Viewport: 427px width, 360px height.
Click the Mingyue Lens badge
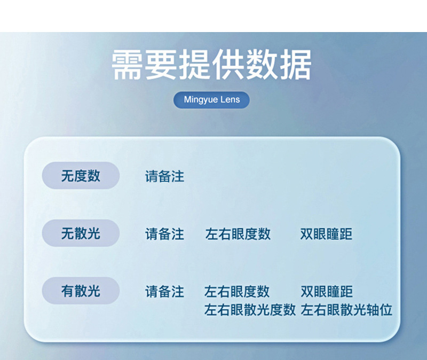point(211,100)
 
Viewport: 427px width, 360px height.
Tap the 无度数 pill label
point(81,176)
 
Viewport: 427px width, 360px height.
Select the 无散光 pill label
point(81,233)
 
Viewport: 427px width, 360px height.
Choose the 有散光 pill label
point(81,291)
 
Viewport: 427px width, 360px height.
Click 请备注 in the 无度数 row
point(164,176)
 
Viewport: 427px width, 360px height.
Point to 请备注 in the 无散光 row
point(164,234)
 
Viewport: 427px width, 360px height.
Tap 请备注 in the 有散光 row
point(164,291)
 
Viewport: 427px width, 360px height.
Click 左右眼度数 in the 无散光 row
point(238,234)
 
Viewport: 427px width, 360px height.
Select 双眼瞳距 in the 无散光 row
point(326,234)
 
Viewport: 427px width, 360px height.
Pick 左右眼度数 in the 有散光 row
point(237,291)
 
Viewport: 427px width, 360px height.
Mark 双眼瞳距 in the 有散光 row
point(327,291)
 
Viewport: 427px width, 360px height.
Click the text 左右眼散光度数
point(250,310)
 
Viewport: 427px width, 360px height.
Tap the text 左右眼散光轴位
point(346,310)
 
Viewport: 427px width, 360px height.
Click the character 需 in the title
point(128,65)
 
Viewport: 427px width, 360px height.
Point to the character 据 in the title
point(296,65)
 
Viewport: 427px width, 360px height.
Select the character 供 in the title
point(228,65)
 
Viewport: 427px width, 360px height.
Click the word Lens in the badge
point(230,99)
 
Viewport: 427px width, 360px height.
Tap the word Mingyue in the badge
point(201,100)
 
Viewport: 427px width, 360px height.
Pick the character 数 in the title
point(262,65)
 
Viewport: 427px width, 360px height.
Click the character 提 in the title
point(195,65)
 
